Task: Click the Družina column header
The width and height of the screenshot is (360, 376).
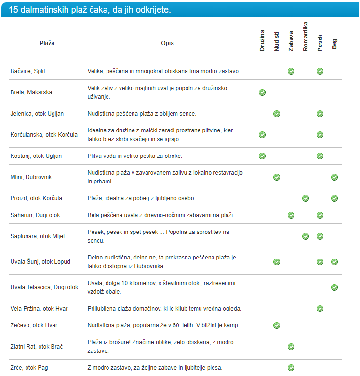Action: click(262, 41)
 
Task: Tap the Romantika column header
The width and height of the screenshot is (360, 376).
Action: click(306, 37)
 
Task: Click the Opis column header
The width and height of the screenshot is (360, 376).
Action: click(167, 43)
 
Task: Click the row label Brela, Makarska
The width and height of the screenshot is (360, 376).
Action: click(31, 92)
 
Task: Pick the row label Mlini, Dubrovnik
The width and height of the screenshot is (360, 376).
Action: click(31, 177)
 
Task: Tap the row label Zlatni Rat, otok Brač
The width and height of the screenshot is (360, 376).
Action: click(37, 347)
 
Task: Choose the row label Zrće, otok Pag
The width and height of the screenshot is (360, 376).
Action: click(29, 368)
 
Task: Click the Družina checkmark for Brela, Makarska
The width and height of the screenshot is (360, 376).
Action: click(262, 92)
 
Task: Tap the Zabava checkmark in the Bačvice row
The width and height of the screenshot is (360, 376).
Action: click(291, 71)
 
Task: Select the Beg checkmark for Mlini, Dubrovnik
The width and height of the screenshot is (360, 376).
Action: click(334, 177)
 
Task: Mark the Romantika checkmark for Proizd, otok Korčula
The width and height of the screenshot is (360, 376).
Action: click(306, 198)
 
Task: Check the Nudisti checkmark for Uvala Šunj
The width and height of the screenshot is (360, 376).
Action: click(277, 262)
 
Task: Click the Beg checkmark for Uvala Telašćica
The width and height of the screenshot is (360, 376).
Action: click(334, 287)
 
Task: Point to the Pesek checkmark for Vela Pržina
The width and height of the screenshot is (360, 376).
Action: click(320, 309)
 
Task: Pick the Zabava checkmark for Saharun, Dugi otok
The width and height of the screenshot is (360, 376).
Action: click(291, 215)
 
